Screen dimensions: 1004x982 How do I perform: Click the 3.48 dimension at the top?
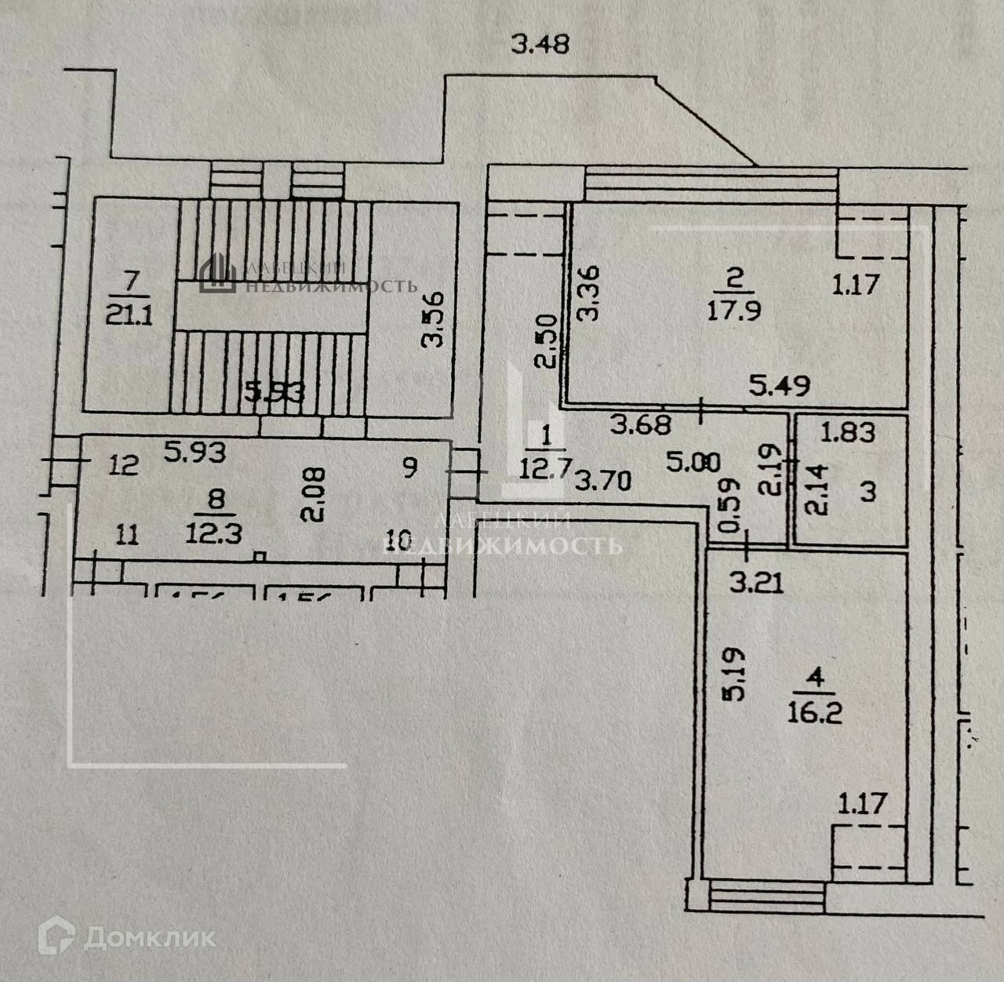[540, 45]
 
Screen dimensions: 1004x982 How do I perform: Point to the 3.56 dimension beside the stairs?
[434, 318]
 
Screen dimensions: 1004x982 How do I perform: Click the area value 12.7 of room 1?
[544, 469]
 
